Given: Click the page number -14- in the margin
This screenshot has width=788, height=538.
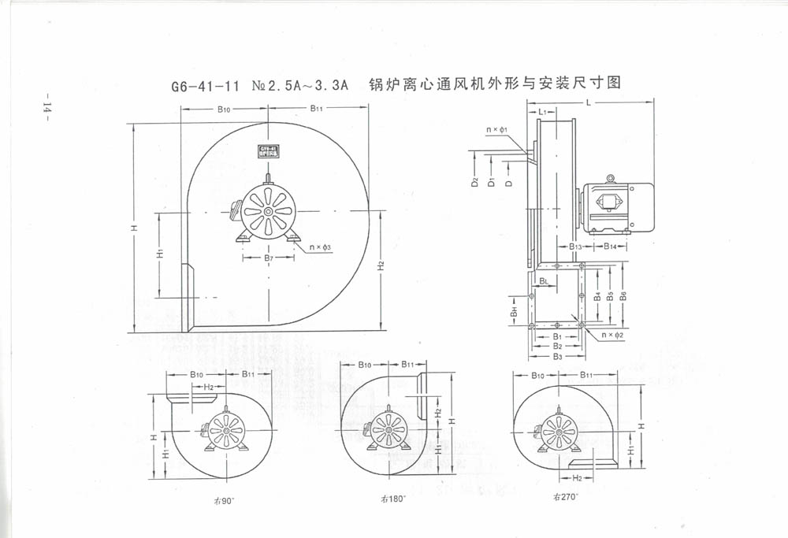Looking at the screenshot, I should (x=46, y=109).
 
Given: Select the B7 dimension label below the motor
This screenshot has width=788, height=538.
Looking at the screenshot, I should (x=268, y=258).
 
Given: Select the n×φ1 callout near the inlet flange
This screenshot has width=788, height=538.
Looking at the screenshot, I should (x=496, y=129).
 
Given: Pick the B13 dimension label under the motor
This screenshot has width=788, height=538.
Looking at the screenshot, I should (x=575, y=247).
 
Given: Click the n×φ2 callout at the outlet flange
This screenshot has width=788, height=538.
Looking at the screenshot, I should (x=612, y=336).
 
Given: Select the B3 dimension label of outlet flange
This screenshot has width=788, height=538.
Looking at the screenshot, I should (x=556, y=356).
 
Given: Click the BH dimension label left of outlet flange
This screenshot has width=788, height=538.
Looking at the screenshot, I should (x=514, y=311).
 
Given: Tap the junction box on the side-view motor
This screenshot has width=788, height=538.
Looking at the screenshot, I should (x=609, y=201).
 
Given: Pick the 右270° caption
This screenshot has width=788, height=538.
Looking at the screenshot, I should (x=565, y=497).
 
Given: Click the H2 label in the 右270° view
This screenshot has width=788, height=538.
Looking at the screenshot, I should (x=577, y=478).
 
